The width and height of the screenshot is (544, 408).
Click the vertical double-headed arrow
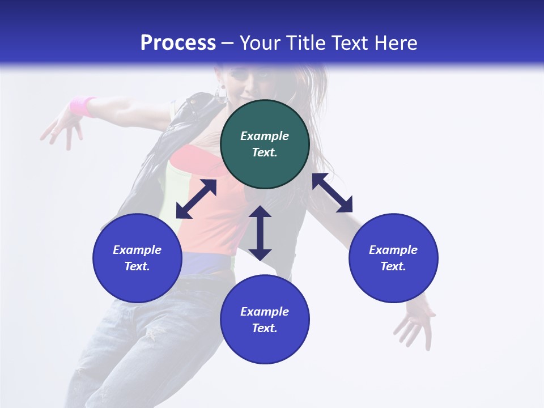tap(260, 233)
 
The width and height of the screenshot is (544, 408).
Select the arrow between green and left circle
tap(196, 199)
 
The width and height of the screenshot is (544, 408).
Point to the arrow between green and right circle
tap(332, 193)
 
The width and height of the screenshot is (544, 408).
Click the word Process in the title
tap(178, 43)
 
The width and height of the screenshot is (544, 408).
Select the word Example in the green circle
tap(265, 136)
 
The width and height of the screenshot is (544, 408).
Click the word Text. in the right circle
tap(393, 266)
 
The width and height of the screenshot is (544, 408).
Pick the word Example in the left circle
tap(137, 250)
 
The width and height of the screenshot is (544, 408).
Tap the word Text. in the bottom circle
tap(265, 328)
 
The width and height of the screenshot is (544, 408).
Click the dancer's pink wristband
tap(83, 106)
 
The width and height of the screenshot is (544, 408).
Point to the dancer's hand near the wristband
tap(60, 128)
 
